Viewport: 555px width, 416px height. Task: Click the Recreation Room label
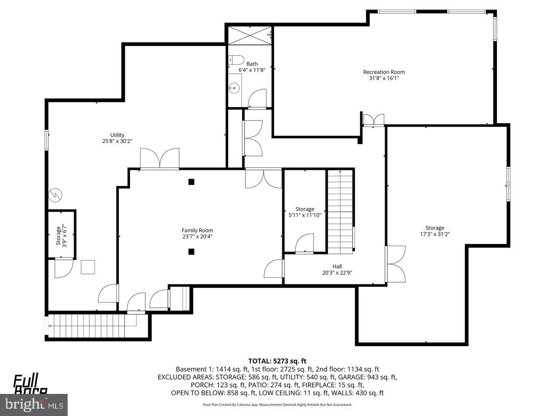[x=384, y=72]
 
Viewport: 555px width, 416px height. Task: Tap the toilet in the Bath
[x=237, y=60]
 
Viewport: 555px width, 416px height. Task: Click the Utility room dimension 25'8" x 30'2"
[x=117, y=141]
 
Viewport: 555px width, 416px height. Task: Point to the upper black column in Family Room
[x=191, y=182]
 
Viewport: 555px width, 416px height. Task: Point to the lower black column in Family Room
[x=191, y=251]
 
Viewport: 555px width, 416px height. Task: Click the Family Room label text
[x=197, y=231]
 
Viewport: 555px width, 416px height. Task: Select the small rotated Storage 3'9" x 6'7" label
[x=61, y=235]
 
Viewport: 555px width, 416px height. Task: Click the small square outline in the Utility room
[x=88, y=267]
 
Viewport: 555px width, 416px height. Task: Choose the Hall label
[x=337, y=266]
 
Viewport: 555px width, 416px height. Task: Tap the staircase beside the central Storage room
[x=340, y=212]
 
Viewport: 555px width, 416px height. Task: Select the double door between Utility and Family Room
[x=160, y=159]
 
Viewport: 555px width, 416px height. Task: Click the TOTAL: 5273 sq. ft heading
[x=277, y=361]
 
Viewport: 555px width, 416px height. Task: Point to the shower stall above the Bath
[x=250, y=35]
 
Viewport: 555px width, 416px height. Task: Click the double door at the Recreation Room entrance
[x=373, y=120]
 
